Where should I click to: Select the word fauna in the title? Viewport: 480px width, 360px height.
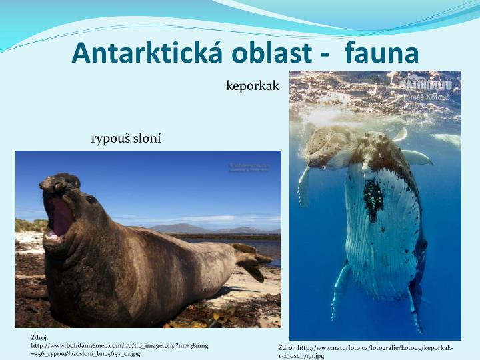(382, 53)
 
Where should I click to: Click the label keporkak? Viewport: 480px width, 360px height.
(253, 86)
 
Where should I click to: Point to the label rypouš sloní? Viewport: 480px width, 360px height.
(126, 139)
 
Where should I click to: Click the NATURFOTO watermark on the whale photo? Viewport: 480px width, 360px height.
(427, 85)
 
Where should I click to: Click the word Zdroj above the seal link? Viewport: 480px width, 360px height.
(39, 337)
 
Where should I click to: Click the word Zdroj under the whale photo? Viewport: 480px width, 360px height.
(287, 347)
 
